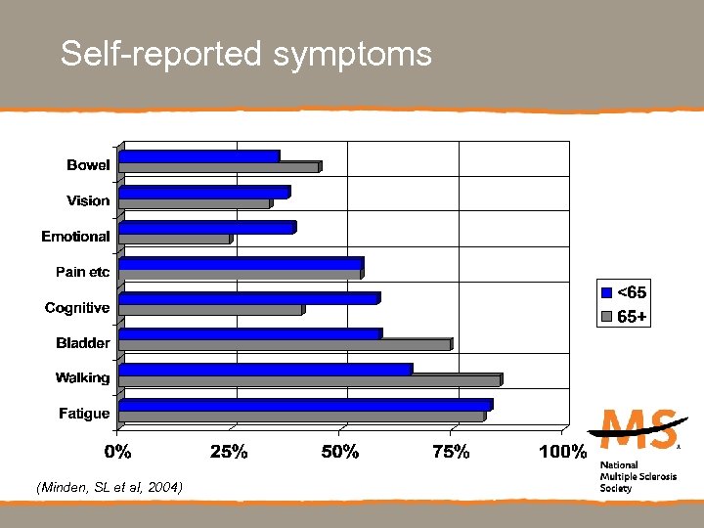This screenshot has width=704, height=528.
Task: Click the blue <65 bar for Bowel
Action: (x=198, y=155)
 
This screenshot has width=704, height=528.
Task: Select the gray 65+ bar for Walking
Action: (x=309, y=380)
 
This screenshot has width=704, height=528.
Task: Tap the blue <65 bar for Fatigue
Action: (x=304, y=404)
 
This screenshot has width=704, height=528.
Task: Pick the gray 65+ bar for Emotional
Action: (x=174, y=239)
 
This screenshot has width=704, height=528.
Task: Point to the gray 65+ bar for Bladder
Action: (x=284, y=344)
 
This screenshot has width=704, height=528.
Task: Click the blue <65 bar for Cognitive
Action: (x=248, y=298)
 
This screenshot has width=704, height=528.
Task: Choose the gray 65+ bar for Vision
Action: (x=194, y=203)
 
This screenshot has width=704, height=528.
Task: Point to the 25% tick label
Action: (x=230, y=452)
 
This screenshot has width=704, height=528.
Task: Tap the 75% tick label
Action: (x=451, y=452)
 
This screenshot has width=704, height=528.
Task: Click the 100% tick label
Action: (x=563, y=452)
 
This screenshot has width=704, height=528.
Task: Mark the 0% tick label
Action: (x=118, y=452)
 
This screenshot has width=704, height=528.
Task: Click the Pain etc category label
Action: (x=81, y=272)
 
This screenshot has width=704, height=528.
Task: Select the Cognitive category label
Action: (x=77, y=308)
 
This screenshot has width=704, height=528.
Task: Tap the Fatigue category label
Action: (x=84, y=414)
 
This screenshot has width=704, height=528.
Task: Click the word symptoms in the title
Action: (x=353, y=54)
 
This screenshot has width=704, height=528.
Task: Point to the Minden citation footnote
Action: (x=109, y=487)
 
